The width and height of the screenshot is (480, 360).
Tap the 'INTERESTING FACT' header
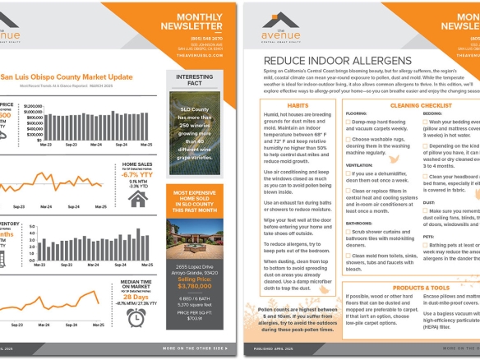coord(194,79)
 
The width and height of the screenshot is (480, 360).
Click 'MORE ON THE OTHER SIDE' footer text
coord(193,348)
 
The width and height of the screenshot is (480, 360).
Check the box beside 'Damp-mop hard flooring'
coord(348,122)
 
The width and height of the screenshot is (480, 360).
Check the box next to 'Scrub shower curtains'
coord(348,232)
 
